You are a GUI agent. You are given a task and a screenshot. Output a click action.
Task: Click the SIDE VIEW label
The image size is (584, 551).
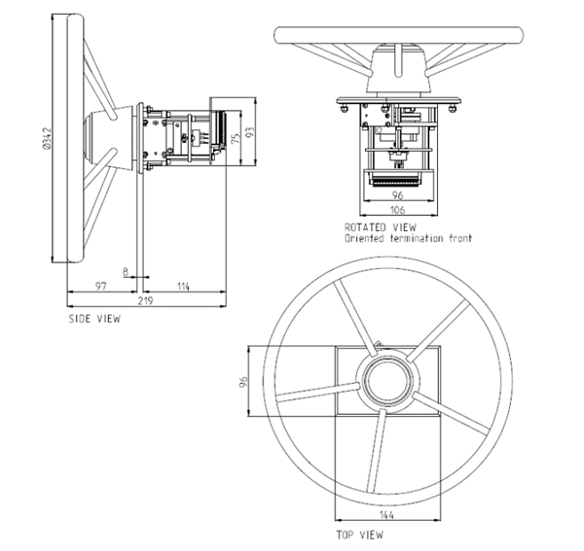(x=94, y=318)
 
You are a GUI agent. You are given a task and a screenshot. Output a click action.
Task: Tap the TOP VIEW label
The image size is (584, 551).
(x=361, y=534)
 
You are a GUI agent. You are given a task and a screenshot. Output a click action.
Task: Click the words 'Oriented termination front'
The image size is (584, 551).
(x=408, y=237)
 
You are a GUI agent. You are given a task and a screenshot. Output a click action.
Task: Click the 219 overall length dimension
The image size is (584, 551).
(x=147, y=303)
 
